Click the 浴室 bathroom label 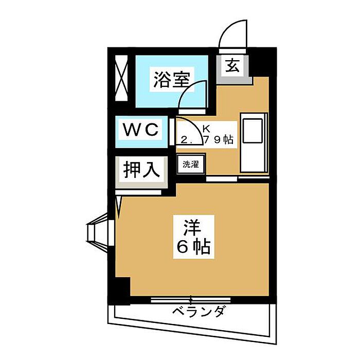coord(171,80)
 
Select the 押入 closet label coord(143,169)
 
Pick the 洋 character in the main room coord(192,227)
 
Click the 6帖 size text coord(193,248)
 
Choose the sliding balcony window coord(191,299)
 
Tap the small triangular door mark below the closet coord(119,205)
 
